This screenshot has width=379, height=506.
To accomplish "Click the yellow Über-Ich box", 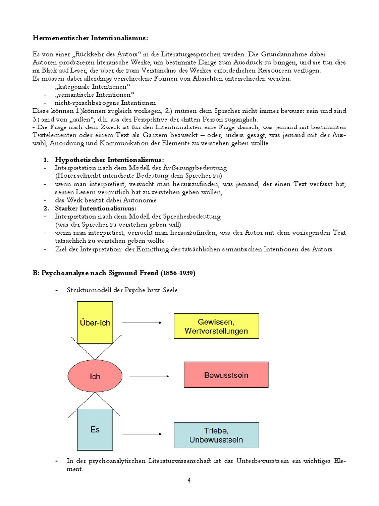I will point(94,322).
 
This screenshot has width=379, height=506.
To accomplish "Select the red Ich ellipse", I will point(94,376).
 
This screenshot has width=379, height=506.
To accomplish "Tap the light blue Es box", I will point(94,429).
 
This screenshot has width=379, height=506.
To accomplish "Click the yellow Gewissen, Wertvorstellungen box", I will point(216,326).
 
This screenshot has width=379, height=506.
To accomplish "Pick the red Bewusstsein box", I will point(226,375).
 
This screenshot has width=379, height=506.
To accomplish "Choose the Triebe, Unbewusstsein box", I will point(216,435).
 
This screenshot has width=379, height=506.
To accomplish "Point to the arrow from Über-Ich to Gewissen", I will point(142,323).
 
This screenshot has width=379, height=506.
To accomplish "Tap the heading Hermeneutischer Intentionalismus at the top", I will point(90,38).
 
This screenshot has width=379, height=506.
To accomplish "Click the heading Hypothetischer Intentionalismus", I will point(109,160).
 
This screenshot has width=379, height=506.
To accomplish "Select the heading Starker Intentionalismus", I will point(96,208).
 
